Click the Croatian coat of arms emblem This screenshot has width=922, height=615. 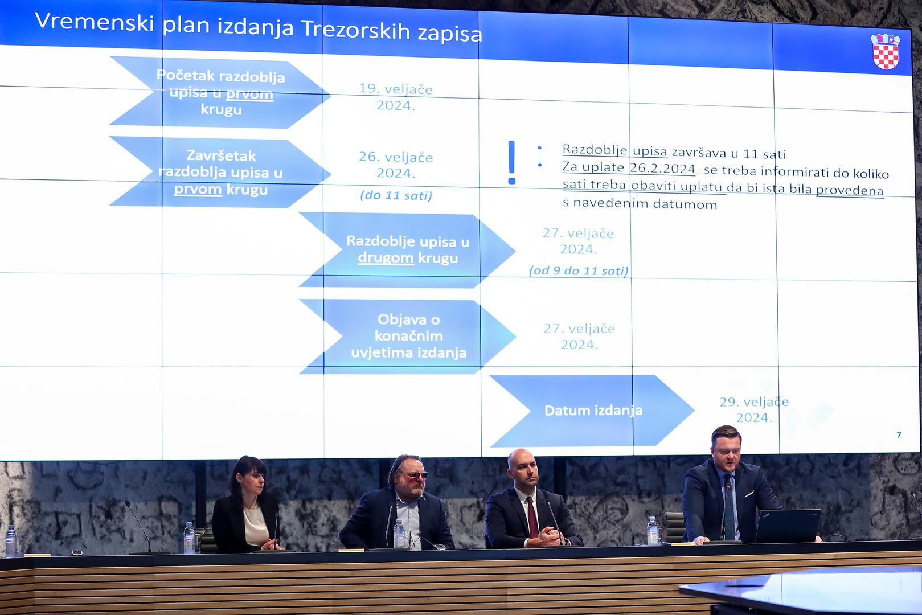pyautogui.click(x=886, y=51)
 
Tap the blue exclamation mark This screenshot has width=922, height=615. pyautogui.click(x=511, y=162)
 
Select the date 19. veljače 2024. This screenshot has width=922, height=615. pyautogui.click(x=396, y=97)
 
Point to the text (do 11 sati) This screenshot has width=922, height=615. pyautogui.click(x=396, y=195)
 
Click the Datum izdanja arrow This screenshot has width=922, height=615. pyautogui.click(x=592, y=411)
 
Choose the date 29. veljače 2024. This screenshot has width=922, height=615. pyautogui.click(x=754, y=409)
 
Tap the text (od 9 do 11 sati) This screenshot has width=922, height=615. pyautogui.click(x=579, y=270)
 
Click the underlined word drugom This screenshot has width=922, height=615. pyautogui.click(x=386, y=258)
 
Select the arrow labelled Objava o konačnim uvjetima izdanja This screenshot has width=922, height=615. pyautogui.click(x=408, y=337)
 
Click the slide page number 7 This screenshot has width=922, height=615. pyautogui.click(x=899, y=434)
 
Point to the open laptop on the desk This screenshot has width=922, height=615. pyautogui.click(x=787, y=526)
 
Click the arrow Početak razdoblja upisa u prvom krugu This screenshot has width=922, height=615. pyautogui.click(x=219, y=93)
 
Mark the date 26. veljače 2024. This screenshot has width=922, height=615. pyautogui.click(x=396, y=165)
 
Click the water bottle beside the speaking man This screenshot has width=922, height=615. pyautogui.click(x=653, y=531)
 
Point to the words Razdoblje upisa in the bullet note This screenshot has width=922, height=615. pyautogui.click(x=614, y=150)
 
